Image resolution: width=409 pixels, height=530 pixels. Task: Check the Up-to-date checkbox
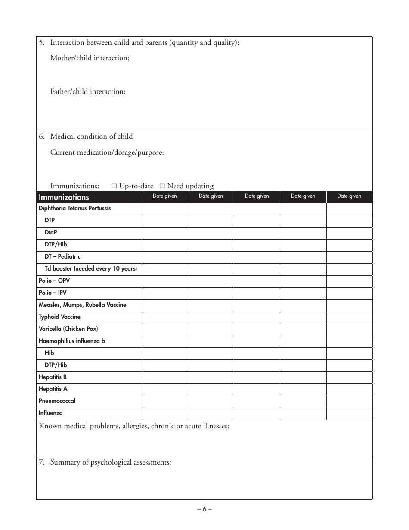coord(114,186)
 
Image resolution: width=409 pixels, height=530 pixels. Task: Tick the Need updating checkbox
coord(162,186)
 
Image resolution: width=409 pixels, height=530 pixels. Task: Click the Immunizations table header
coord(64,197)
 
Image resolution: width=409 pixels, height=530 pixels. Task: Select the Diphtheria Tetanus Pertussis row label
coord(75,209)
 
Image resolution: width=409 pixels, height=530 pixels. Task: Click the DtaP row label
coord(51,233)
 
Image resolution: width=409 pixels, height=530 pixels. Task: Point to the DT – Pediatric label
coord(62,257)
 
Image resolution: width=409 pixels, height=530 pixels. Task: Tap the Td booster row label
coord(91,269)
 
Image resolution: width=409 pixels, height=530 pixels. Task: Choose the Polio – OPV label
coord(54,281)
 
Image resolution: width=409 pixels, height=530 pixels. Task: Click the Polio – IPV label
coord(54,293)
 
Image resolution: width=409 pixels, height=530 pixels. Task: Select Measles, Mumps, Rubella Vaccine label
coord(82,305)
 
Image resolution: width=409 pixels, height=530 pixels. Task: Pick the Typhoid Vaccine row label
coord(59,317)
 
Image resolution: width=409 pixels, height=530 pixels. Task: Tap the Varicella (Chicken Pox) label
coord(68,329)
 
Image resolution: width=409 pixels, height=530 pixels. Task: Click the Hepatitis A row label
coord(53,389)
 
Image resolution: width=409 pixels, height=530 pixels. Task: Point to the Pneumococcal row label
coord(57,401)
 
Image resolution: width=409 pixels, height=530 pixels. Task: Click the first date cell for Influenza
coord(164,414)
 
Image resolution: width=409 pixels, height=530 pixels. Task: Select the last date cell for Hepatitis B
coord(349,377)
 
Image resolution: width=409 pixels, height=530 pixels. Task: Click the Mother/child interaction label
coord(90,58)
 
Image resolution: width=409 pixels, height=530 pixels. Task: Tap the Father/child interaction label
coord(88,92)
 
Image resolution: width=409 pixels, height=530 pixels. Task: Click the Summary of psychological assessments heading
coord(111,462)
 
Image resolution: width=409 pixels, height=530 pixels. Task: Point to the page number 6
coord(204,509)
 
